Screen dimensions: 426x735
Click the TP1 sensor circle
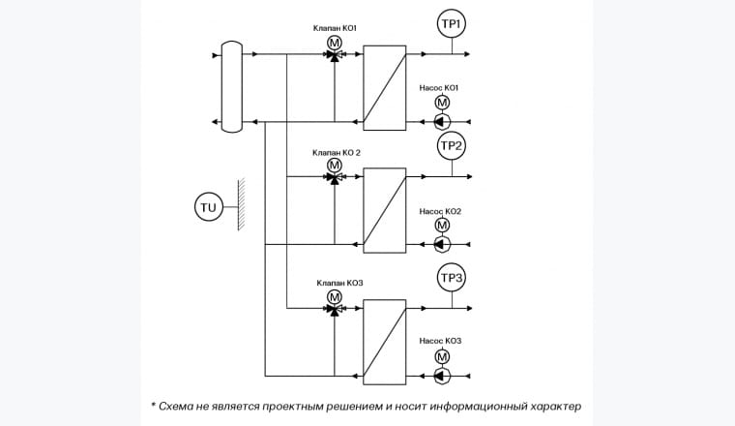coord(452,24)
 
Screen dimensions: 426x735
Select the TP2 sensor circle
coord(452,146)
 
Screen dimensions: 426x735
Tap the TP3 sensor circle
coord(452,280)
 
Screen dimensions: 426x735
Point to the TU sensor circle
coord(209,206)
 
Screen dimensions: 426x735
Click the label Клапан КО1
coord(335,28)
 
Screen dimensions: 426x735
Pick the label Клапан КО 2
coord(335,152)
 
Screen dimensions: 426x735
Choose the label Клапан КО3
coord(335,283)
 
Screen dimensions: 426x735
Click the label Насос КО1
coord(439,87)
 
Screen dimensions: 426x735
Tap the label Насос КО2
coord(440,210)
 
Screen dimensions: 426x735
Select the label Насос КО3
coord(440,341)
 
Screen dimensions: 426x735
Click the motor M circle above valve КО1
coord(335,44)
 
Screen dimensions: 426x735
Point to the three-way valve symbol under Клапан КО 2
coord(335,179)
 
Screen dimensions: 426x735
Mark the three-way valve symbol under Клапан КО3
coord(335,310)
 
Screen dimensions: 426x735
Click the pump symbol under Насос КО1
coord(442,121)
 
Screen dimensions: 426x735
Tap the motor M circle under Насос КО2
coord(442,226)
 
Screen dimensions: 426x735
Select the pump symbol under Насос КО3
coord(442,374)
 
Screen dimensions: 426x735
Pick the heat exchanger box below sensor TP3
coord(384,342)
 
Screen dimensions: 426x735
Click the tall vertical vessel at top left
coord(231,86)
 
